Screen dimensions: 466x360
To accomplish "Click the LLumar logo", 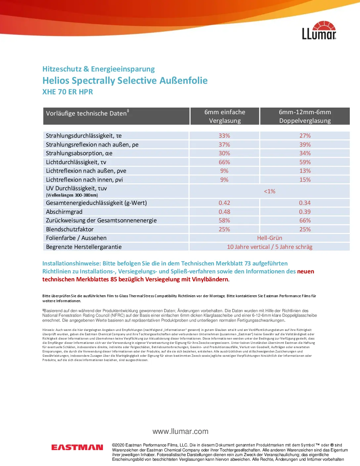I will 319,30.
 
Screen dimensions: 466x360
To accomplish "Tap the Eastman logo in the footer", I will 77,447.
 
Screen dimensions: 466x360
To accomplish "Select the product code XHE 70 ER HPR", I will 67,92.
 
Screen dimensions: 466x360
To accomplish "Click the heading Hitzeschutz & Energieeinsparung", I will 99,69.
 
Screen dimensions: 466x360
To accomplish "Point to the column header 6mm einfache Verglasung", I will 225,116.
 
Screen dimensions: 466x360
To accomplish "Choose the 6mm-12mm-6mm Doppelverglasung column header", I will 305,116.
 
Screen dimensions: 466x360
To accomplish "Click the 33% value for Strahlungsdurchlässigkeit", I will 224,136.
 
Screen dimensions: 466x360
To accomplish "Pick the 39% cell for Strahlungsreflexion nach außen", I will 305,145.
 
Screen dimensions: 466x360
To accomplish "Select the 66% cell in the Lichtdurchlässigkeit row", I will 224,162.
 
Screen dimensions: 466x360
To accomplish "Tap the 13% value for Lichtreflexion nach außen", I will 305,171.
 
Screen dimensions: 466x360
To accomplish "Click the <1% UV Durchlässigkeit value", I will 270,191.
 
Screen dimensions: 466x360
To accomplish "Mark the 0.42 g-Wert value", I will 224,203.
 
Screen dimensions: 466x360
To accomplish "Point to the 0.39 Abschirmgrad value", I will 305,212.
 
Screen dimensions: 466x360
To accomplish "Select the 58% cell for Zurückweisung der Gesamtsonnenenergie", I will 224,220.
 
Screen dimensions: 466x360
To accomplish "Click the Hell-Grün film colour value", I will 270,238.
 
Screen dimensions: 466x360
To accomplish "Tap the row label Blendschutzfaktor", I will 70,229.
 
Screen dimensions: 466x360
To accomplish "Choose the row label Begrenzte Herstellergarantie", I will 84,247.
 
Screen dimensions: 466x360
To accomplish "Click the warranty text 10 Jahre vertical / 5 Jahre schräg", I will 270,247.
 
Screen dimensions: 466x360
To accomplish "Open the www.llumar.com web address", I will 180,432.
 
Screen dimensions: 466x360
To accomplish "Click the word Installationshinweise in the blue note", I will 71,263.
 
